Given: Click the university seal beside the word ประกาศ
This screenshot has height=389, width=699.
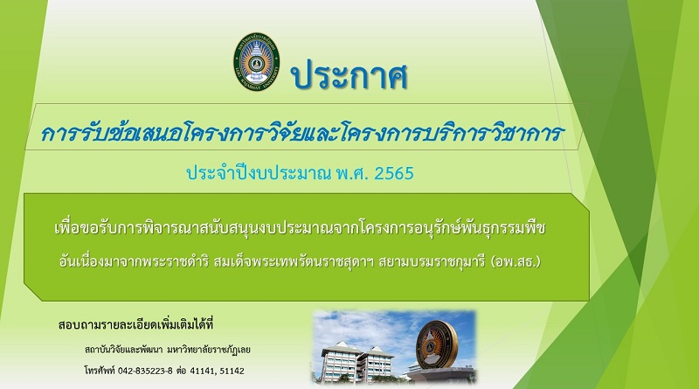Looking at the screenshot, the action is tap(257, 61).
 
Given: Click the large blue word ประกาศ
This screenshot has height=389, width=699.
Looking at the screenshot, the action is tap(349, 75).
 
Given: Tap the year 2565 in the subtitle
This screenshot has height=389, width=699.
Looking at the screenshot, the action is tap(394, 173).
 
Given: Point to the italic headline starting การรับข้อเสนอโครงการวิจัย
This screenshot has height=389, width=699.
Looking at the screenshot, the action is tap(302, 133).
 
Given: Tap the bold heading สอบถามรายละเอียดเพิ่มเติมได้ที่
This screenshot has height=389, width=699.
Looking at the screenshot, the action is tap(135, 324).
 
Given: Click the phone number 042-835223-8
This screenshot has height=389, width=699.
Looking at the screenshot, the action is tap(145, 371).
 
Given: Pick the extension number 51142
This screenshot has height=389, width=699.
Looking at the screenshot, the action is tap(232, 371).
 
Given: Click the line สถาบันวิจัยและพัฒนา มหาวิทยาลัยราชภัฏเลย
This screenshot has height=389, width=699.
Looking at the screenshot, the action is tap(167, 350).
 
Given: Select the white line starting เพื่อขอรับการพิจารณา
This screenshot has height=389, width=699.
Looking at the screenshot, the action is tap(300, 228).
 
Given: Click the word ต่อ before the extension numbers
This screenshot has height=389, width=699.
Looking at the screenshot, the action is tap(181, 371).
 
